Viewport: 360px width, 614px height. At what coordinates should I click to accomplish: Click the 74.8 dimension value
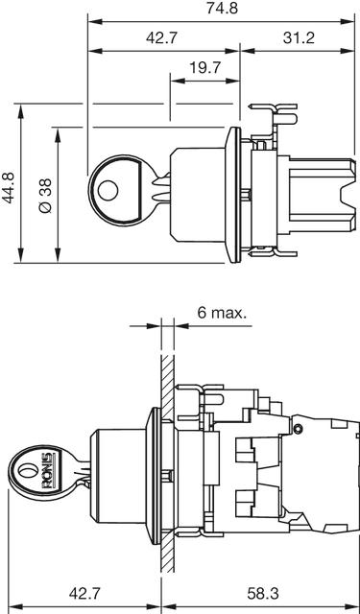pyautogui.click(x=222, y=9)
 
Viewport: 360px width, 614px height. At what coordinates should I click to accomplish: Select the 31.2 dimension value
pyautogui.click(x=299, y=38)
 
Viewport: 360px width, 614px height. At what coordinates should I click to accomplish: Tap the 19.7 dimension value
pyautogui.click(x=205, y=68)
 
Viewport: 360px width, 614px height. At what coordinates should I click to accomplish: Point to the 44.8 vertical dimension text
pyautogui.click(x=9, y=188)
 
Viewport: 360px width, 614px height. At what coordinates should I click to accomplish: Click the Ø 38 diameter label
pyautogui.click(x=46, y=196)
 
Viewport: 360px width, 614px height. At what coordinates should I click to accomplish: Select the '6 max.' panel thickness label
pyautogui.click(x=222, y=313)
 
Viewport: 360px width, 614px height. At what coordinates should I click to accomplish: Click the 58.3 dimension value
pyautogui.click(x=263, y=594)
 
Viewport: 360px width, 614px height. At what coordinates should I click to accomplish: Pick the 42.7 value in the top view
pyautogui.click(x=162, y=38)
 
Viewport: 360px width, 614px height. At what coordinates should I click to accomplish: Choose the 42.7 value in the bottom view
pyautogui.click(x=85, y=594)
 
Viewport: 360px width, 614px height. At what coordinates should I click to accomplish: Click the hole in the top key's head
pyautogui.click(x=108, y=191)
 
